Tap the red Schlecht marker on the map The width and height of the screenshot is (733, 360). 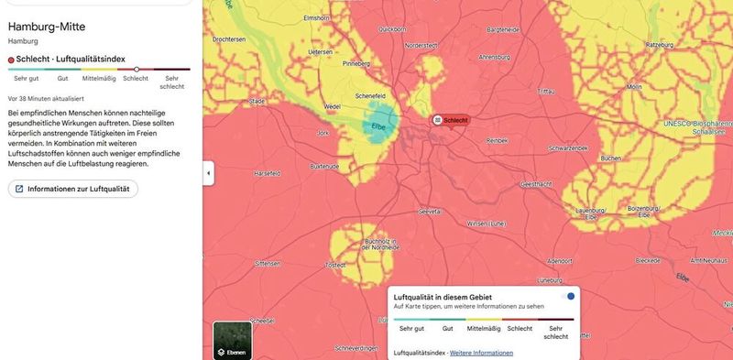[451, 120]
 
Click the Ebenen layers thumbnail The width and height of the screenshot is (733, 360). [232, 339]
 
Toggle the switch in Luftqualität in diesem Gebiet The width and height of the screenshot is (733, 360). [567, 296]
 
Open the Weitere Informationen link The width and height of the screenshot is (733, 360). [481, 353]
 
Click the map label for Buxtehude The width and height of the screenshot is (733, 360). [325, 167]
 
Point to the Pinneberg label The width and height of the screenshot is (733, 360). [356, 65]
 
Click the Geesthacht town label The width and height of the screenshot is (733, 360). [536, 184]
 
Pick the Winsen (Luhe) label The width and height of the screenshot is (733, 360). [487, 224]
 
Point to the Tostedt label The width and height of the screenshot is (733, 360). [336, 264]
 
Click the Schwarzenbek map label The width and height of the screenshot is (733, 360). [565, 147]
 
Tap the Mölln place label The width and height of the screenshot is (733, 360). [634, 87]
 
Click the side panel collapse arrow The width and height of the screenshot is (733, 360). [208, 172]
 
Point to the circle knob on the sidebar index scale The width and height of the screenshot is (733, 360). [137, 69]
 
